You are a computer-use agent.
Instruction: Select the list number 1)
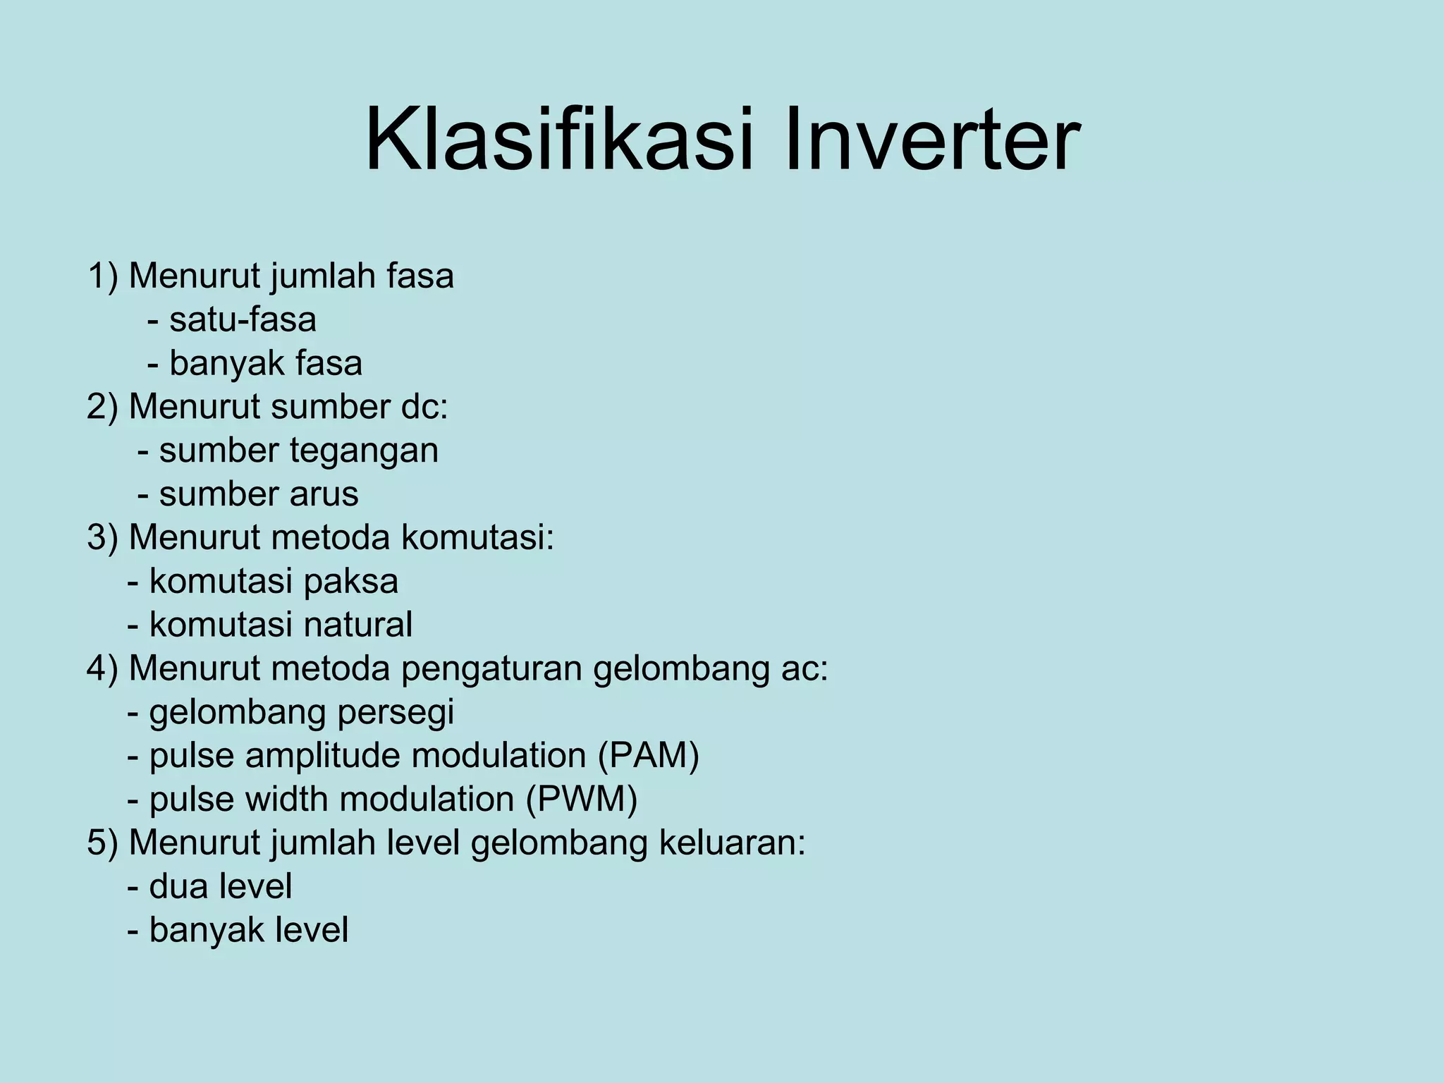103,276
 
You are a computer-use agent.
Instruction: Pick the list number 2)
103,407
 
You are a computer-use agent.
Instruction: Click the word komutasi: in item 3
478,538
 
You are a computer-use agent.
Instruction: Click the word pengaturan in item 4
491,668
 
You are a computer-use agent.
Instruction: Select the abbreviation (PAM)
648,756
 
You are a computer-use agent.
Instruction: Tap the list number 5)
103,843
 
